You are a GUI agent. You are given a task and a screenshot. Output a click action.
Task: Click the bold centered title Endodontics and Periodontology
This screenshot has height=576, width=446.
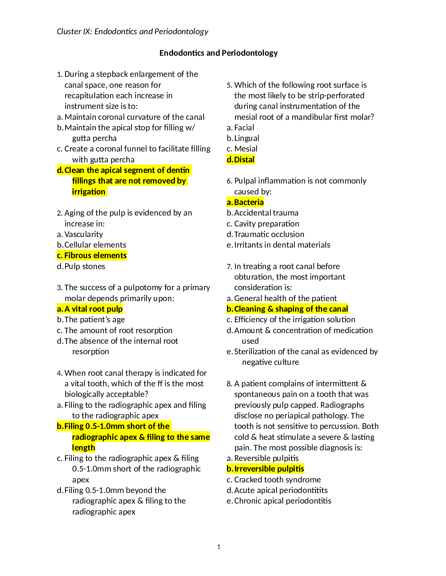click(219, 53)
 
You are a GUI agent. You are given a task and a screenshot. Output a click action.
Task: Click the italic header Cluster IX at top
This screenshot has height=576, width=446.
click(133, 32)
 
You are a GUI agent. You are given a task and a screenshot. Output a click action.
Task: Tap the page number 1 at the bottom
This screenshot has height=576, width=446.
click(219, 547)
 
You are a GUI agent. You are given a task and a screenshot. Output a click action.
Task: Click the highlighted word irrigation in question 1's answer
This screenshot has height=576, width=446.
click(89, 192)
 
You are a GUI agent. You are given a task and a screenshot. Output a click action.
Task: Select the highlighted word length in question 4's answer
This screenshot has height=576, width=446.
click(83, 447)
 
